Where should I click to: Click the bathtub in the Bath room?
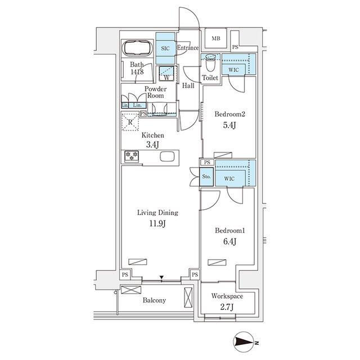137,48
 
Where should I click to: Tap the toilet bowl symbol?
210,62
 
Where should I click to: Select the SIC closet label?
165,48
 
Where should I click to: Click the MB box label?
216,39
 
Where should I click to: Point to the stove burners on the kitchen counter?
132,156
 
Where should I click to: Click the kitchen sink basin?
167,157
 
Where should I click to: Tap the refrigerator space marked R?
130,121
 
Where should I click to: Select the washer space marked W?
166,74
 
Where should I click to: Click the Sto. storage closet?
206,177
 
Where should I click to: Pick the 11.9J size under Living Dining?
157,223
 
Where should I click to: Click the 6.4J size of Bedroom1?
230,241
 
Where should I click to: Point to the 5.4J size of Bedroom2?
229,125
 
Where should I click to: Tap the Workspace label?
227,296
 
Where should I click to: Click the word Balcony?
154,300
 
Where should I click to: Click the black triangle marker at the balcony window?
161,277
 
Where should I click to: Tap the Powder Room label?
155,92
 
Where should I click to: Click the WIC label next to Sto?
229,179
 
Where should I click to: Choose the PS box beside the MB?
235,47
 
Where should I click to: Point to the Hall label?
188,85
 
